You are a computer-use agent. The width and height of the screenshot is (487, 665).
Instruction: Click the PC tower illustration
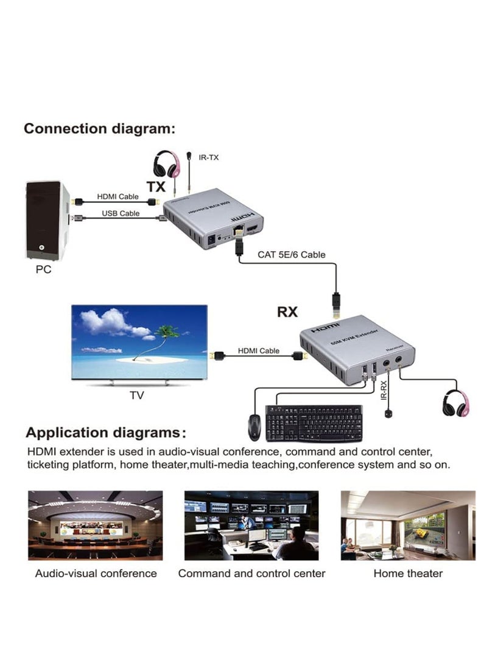(46, 221)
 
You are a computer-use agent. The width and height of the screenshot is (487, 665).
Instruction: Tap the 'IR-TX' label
(209, 157)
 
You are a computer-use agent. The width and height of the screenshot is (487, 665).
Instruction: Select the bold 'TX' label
(155, 186)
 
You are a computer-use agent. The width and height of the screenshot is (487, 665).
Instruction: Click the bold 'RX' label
(287, 311)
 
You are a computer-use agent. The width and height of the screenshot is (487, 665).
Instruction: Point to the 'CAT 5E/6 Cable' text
(291, 254)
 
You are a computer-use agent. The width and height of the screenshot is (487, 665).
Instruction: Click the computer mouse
(255, 426)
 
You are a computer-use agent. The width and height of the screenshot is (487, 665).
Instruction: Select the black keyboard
(314, 423)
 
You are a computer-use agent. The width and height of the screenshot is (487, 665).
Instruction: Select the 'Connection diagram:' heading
(99, 129)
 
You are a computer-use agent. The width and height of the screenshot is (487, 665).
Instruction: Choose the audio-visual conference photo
(96, 525)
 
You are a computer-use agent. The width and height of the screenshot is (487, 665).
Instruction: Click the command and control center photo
(251, 525)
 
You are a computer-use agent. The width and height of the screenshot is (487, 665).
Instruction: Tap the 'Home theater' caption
(408, 574)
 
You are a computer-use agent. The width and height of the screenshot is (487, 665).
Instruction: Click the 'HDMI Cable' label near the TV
(259, 350)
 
